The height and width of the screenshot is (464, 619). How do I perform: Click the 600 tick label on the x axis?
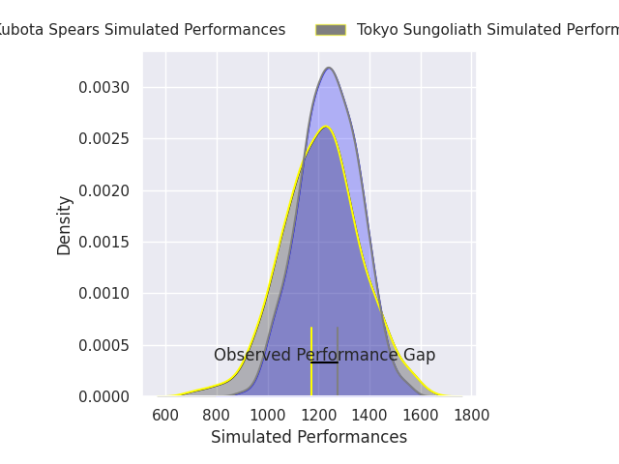[166, 416]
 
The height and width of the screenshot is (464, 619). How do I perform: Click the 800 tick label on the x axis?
[217, 416]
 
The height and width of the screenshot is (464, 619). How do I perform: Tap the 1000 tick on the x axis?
[268, 416]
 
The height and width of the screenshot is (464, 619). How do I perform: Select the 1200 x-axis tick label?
[319, 416]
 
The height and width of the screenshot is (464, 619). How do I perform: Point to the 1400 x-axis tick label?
[369, 416]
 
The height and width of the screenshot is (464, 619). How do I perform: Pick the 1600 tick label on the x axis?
[421, 416]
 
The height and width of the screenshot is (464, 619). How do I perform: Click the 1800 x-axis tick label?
[471, 416]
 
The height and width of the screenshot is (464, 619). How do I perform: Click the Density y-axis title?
[65, 224]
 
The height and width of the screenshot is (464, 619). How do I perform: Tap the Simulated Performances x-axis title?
[309, 437]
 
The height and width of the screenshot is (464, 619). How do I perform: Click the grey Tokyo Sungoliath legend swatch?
[331, 30]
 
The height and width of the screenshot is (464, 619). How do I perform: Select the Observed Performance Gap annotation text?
[324, 355]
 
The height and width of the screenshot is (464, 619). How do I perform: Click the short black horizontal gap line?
[324, 362]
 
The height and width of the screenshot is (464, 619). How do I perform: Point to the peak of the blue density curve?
[329, 68]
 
